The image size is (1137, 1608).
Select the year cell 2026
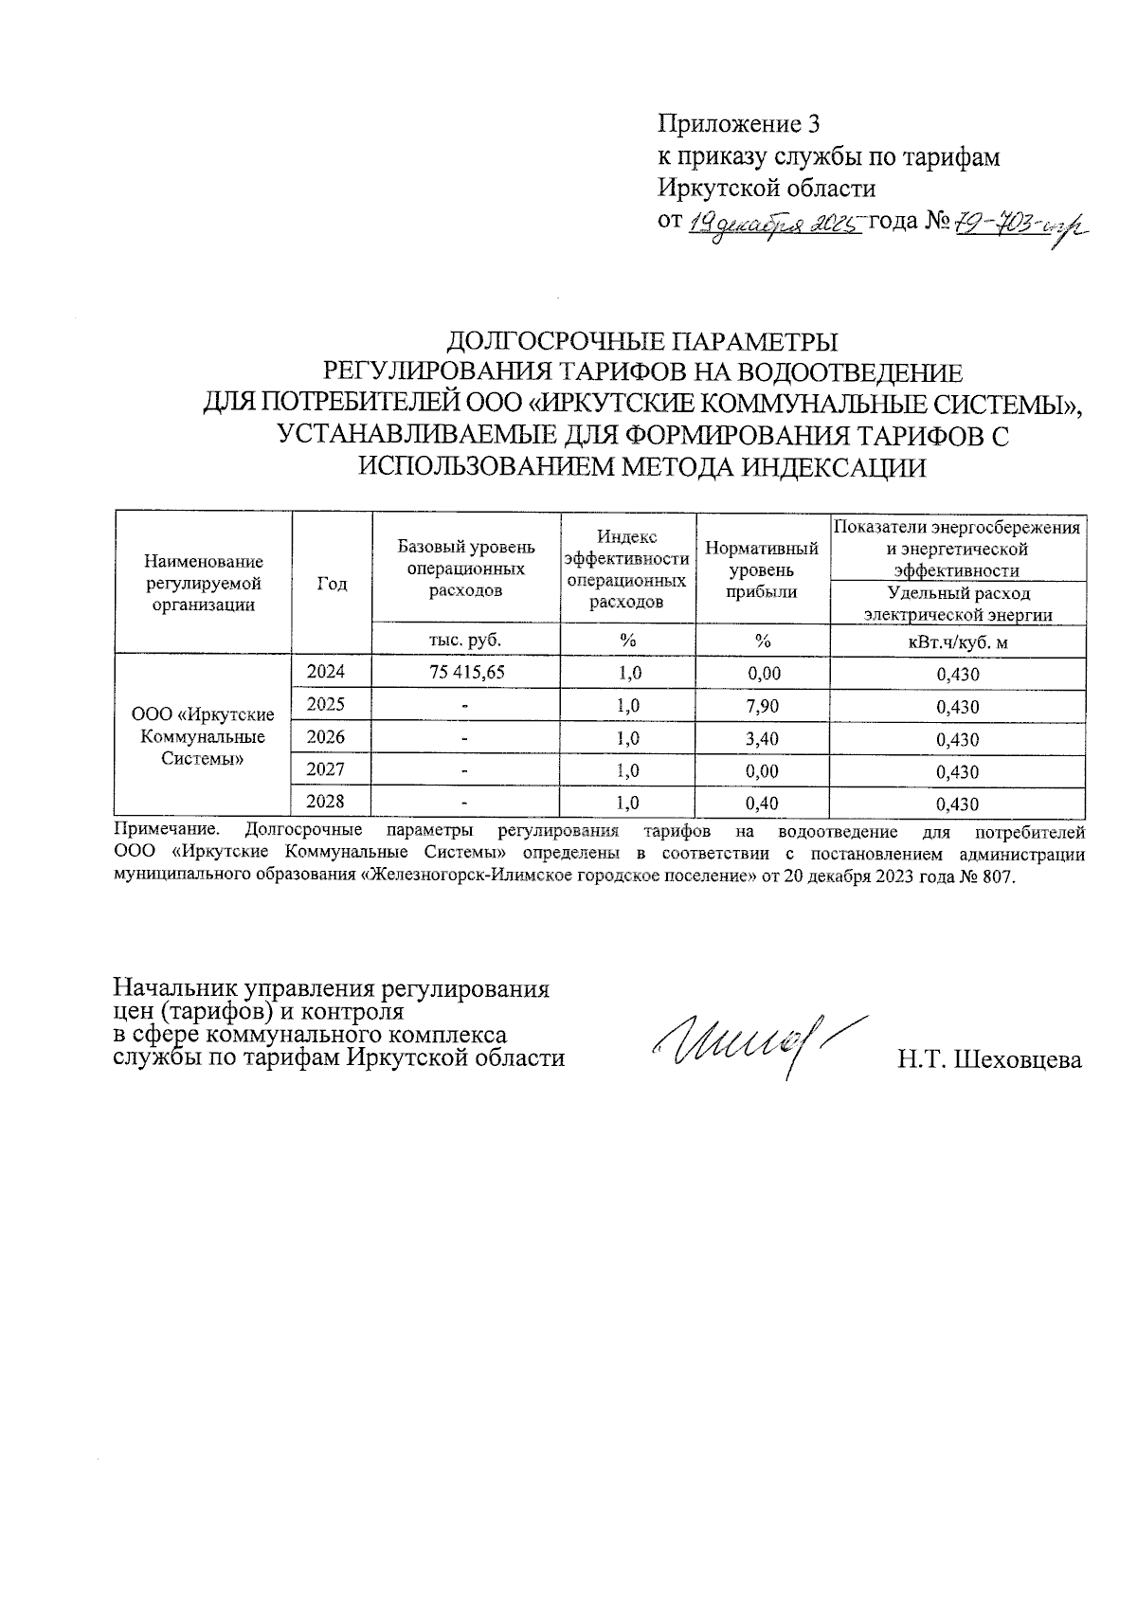[x=326, y=737]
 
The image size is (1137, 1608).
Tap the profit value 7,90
[x=763, y=706]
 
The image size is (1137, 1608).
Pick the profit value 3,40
[x=763, y=738]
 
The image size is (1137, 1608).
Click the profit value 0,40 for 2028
[x=763, y=804]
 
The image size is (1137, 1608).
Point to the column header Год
[x=332, y=584]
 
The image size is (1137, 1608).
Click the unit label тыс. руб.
[x=465, y=640]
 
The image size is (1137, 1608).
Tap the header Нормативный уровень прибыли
[x=763, y=569]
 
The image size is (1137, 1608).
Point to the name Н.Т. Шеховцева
[x=990, y=1059]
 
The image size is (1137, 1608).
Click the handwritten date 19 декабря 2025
[x=773, y=224]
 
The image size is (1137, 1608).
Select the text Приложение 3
[x=739, y=124]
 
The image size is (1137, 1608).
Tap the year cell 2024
[x=326, y=672]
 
